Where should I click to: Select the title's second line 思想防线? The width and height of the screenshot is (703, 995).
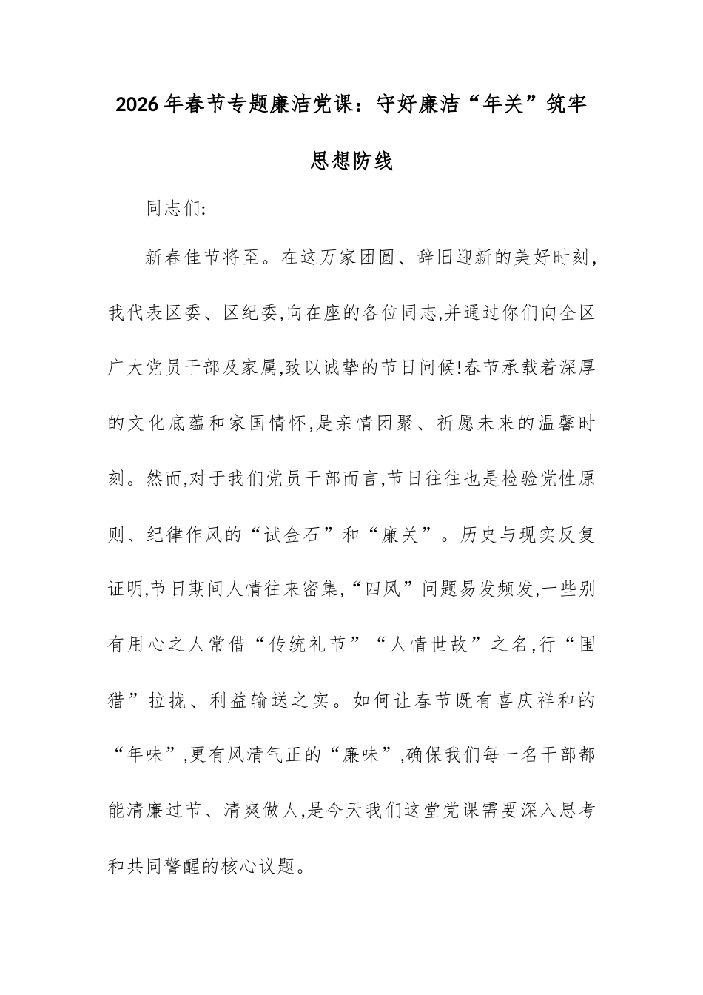point(351,161)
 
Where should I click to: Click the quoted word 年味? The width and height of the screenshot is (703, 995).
point(146,756)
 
